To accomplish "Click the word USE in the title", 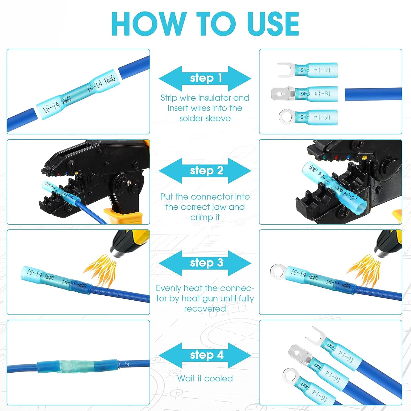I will click(273, 24).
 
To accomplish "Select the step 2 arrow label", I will click(206, 171).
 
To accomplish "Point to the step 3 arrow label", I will click(206, 263).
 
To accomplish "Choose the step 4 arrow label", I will click(206, 355).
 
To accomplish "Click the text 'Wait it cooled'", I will click(205, 378).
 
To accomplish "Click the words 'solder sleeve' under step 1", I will click(205, 118).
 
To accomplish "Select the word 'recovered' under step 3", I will click(205, 309).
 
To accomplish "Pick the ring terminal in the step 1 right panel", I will click(286, 117).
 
